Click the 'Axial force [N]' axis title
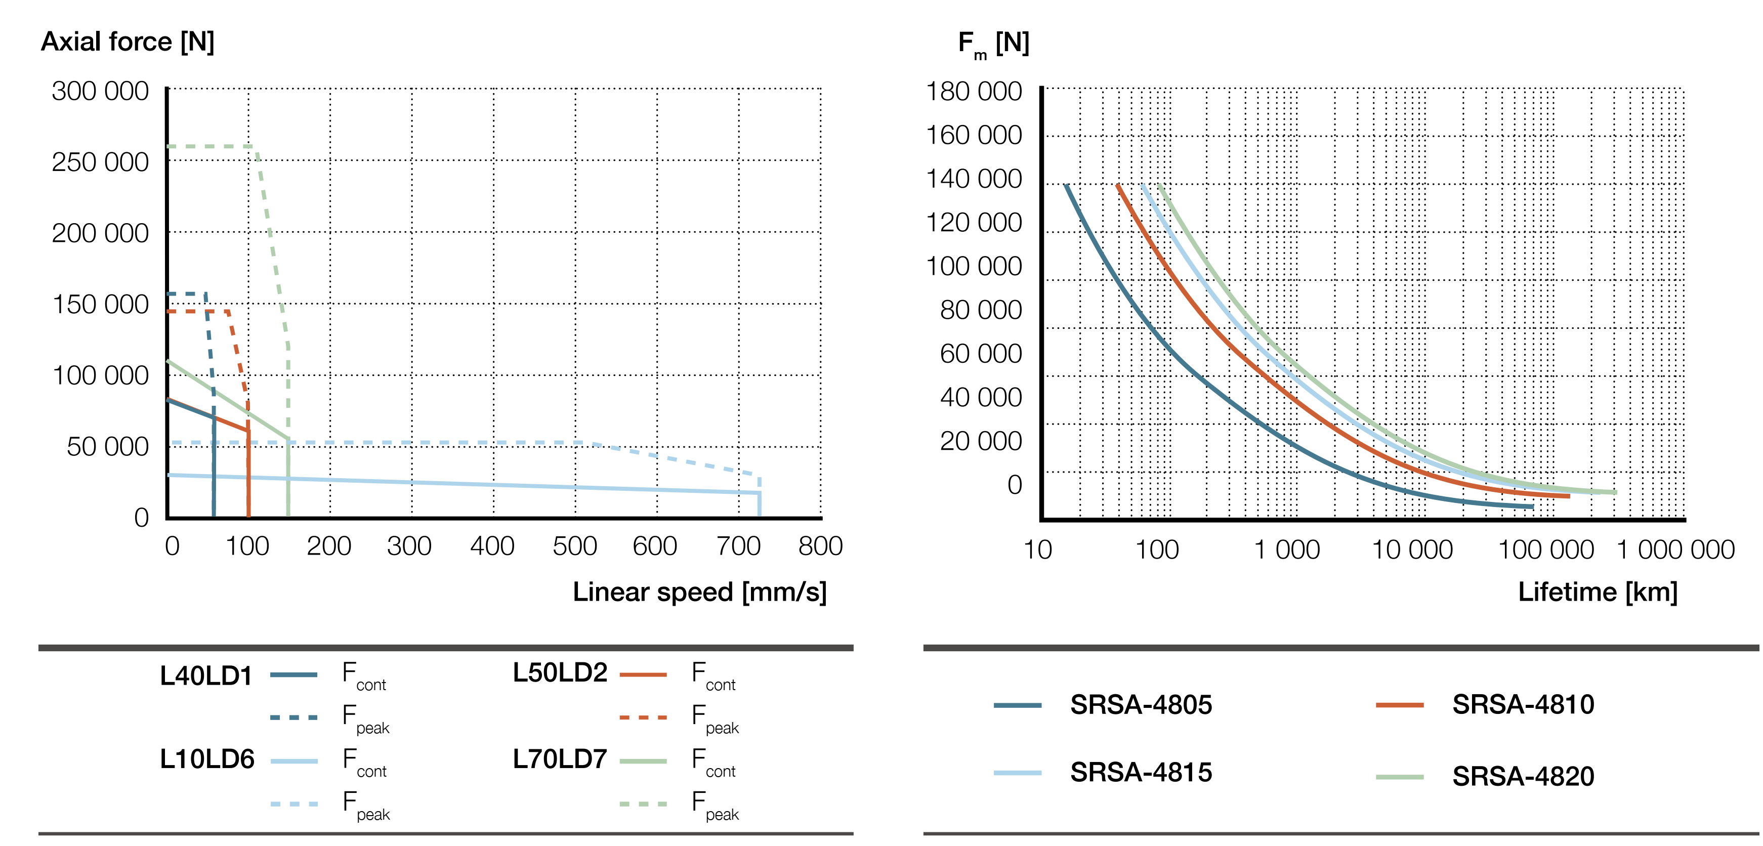128,42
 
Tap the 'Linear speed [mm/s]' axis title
699,592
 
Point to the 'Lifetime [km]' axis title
1598,592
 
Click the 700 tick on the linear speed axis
738,546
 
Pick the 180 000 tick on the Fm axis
973,92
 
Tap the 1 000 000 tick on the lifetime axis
1675,549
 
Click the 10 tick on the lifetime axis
1037,549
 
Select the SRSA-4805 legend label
1141,704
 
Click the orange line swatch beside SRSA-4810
1400,704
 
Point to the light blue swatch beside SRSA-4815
1018,773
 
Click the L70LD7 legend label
560,759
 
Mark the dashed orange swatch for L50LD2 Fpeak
643,717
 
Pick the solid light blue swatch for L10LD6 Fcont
293,761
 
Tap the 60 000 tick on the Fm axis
980,354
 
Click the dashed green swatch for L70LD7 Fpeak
643,803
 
